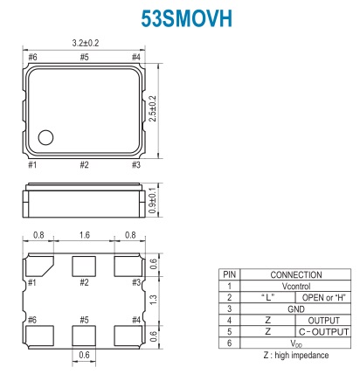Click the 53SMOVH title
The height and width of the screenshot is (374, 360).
[x=186, y=19]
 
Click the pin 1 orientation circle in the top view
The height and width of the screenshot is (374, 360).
[x=45, y=137]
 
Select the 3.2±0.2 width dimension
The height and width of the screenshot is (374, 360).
[x=86, y=43]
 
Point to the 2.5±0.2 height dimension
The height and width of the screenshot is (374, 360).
[x=153, y=108]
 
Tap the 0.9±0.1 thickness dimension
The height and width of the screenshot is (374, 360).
[x=153, y=201]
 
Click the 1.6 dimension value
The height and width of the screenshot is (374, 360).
[x=85, y=235]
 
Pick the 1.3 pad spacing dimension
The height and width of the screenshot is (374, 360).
[x=153, y=300]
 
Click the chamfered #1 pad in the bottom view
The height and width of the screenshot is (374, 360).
[x=39, y=266]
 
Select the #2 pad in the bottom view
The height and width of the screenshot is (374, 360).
[x=84, y=267]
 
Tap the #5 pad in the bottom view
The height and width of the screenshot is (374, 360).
[x=84, y=336]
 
